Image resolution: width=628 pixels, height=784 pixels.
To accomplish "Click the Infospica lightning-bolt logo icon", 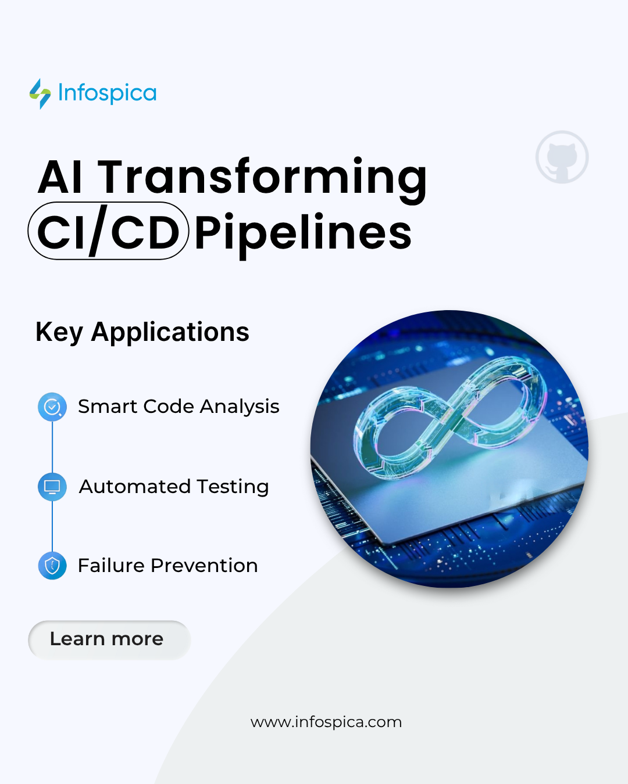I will pos(40,93).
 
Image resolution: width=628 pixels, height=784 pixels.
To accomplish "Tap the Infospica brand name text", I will pos(108,93).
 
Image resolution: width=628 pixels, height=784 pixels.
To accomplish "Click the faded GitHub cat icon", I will pos(562,157).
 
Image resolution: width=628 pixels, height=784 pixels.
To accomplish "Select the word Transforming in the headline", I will pos(262,177).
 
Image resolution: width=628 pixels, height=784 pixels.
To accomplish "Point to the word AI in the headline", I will pos(60,177).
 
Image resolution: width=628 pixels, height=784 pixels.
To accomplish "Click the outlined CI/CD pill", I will pos(109,231).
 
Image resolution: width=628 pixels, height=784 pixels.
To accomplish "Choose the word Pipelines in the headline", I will pos(303,233).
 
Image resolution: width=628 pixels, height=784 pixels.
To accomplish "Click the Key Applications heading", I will pos(142,332).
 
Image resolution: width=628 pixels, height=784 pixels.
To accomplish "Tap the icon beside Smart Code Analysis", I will pos(52,407).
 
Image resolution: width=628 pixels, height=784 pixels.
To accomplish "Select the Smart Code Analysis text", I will pos(179,407).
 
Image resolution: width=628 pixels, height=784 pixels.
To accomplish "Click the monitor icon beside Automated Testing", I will pos(52,487).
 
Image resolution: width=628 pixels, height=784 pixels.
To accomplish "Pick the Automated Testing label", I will pos(174,487).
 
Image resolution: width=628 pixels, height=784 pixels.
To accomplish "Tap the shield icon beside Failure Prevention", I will pos(52,565).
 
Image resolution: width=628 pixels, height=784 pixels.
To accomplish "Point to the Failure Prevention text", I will pos(167,565).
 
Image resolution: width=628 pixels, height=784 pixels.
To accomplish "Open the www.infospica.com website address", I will pos(326,722).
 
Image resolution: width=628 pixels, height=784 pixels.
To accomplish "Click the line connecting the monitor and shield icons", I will pos(52,526).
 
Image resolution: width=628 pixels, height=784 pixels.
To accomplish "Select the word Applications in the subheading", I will pos(170,332).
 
